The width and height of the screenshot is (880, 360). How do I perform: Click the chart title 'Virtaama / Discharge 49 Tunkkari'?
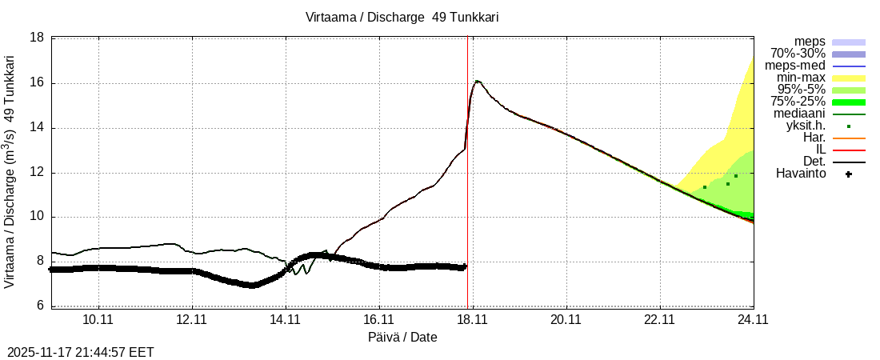pos(402,17)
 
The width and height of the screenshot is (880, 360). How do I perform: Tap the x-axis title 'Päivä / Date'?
pos(402,337)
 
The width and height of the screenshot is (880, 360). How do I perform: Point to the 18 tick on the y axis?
pos(37,38)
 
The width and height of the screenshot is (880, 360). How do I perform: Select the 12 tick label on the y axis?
pos(37,172)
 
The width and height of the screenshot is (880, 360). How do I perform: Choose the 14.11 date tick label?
pos(286,319)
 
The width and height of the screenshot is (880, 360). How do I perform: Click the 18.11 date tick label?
pos(472,319)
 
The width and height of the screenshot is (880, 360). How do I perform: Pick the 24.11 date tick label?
pos(753,319)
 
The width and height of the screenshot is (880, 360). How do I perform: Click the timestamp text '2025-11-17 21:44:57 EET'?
pos(80,352)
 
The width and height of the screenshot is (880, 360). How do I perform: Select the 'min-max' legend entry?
pos(801,78)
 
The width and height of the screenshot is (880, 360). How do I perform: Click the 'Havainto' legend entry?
pos(802,174)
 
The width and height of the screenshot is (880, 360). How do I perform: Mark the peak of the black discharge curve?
pos(478,81)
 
